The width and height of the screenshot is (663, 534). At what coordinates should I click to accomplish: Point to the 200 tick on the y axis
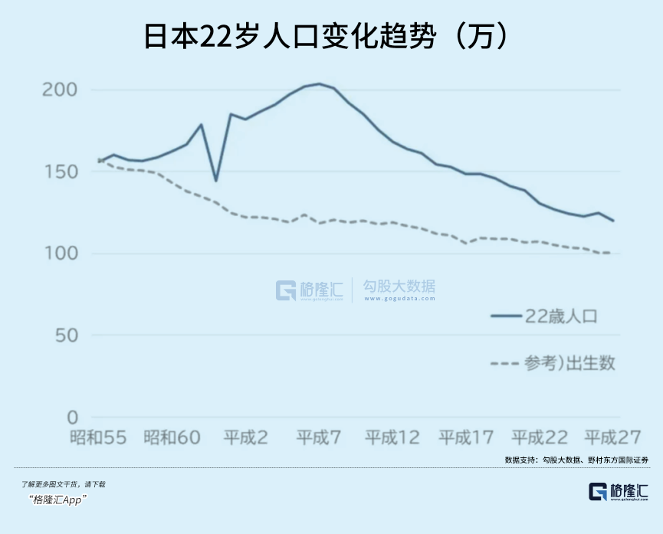59,90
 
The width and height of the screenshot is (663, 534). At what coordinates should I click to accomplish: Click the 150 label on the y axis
59,172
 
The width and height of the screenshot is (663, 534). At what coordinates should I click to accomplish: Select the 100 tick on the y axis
59,254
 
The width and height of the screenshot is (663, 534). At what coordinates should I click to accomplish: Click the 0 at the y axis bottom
72,418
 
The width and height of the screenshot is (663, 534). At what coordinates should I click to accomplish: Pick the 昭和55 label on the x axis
97,438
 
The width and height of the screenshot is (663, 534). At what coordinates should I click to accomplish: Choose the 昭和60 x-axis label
172,438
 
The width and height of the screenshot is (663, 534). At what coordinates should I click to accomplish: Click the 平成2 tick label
245,438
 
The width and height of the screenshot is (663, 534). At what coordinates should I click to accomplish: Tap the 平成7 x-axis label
319,438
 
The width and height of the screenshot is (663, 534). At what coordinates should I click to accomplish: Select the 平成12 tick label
392,438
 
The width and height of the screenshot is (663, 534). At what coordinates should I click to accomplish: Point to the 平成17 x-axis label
465,438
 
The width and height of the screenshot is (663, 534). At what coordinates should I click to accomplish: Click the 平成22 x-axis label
539,438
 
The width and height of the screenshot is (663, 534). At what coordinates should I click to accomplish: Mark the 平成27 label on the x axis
612,438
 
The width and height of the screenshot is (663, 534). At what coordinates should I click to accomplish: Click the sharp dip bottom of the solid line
216,181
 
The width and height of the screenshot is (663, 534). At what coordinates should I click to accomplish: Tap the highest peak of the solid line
319,84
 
